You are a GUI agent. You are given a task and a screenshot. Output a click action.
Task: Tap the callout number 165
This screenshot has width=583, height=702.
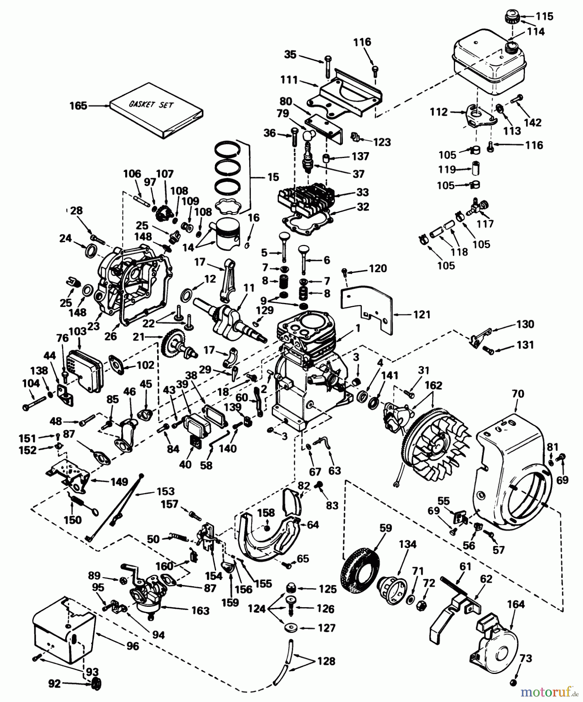(x=78, y=106)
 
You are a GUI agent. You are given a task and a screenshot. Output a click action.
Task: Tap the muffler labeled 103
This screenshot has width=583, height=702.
(x=84, y=369)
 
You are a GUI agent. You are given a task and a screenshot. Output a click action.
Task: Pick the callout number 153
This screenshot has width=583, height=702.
(x=165, y=491)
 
